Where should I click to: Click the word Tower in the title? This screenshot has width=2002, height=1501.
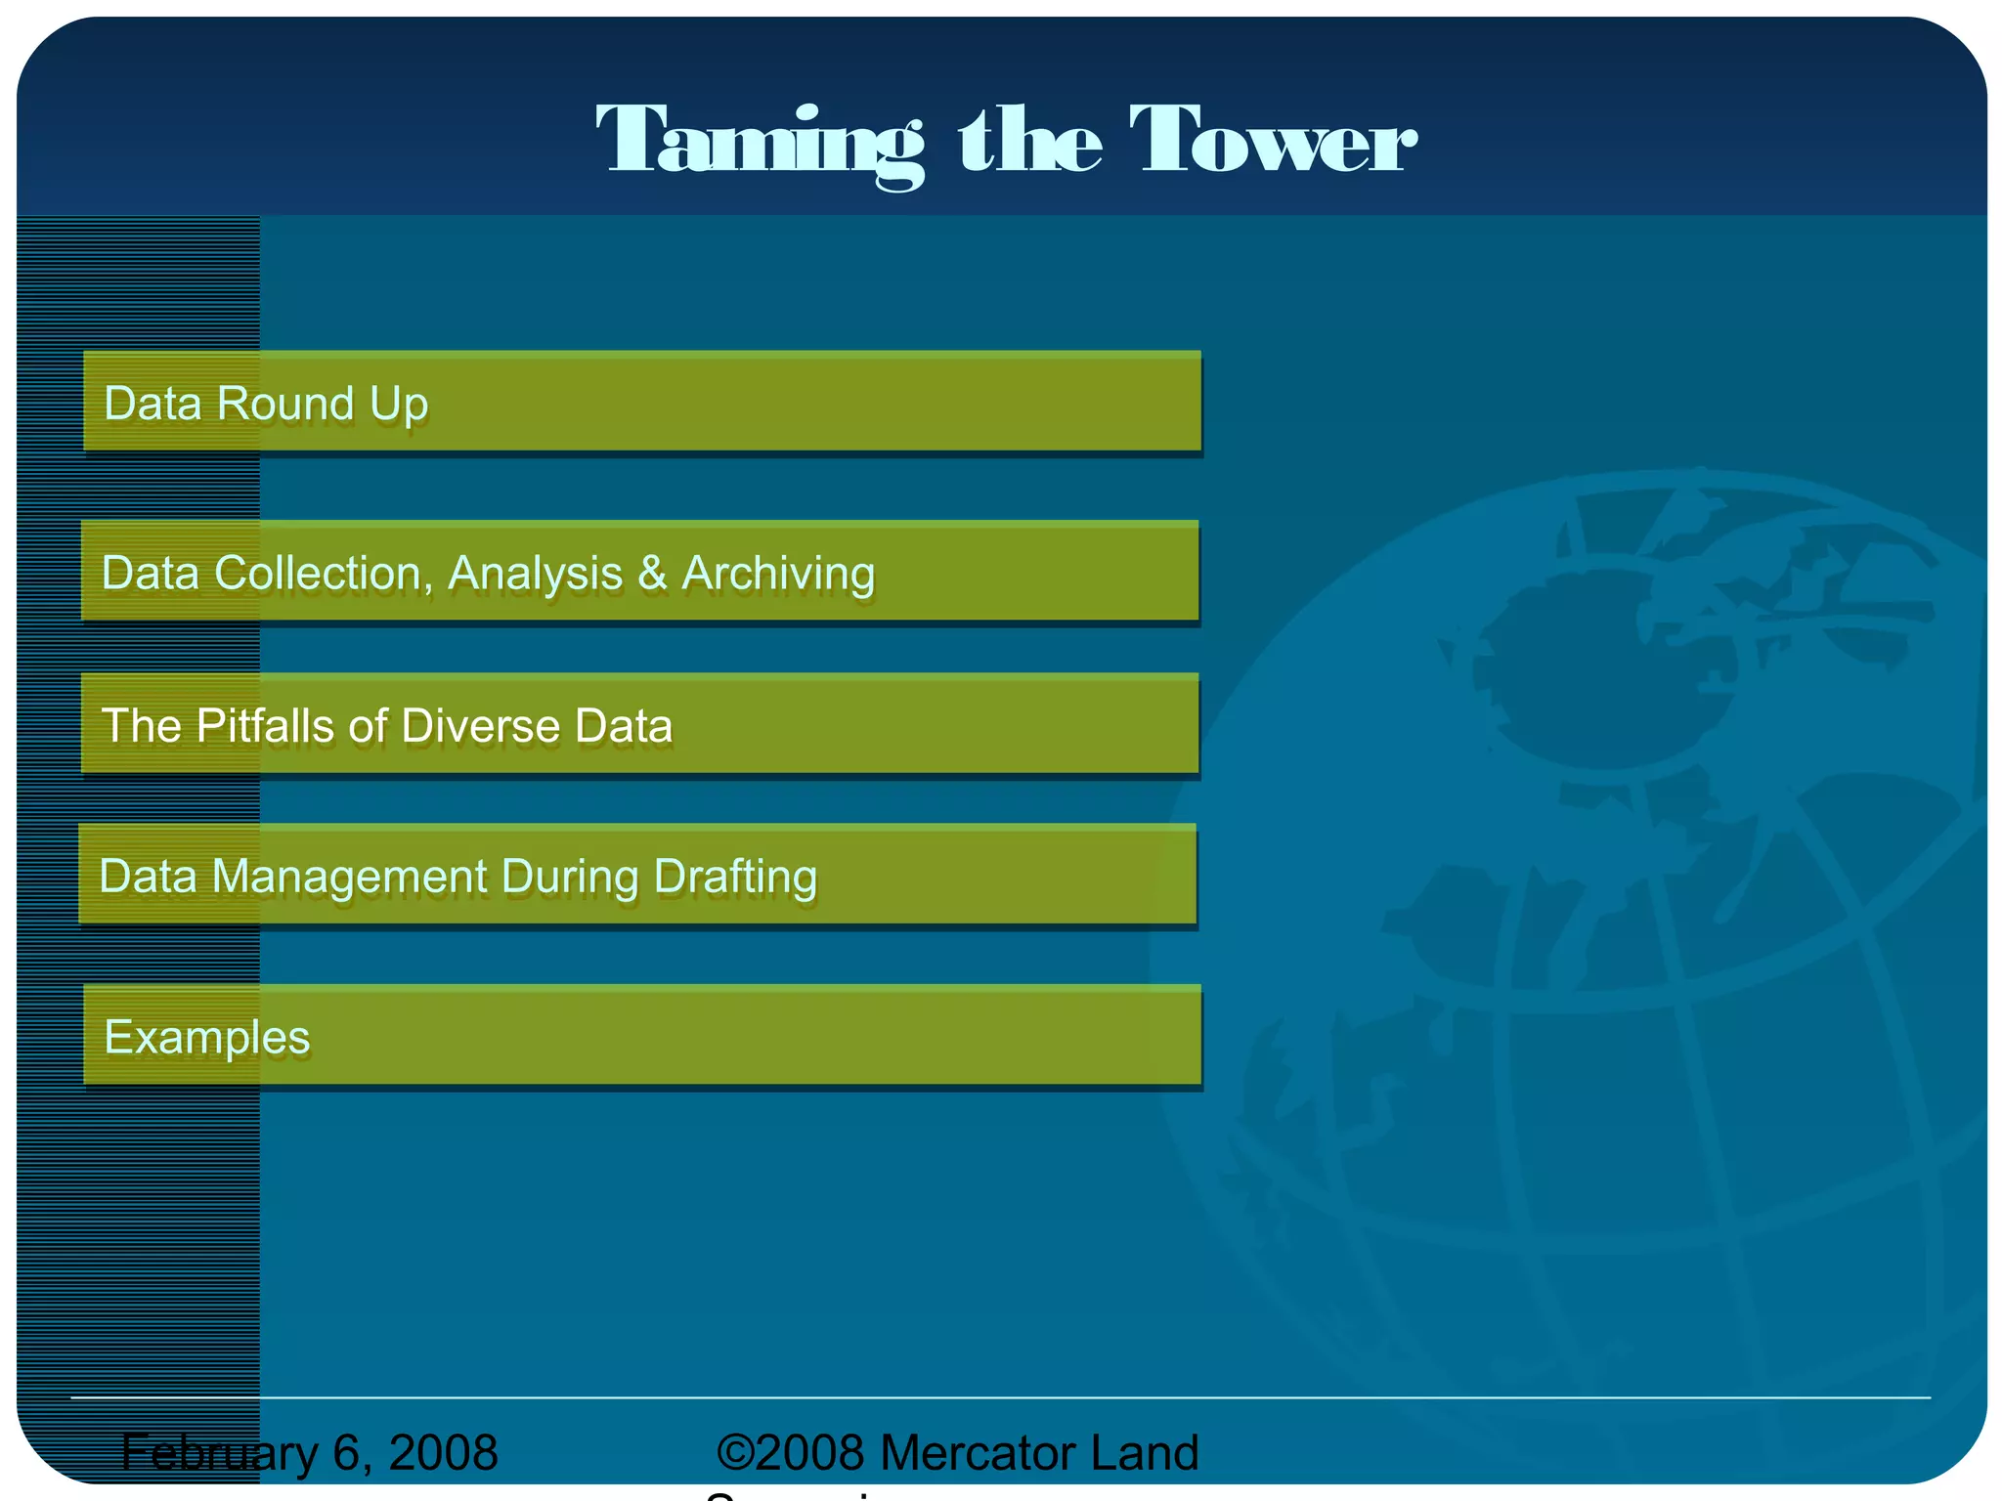1272,141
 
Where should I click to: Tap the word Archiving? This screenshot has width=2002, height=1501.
778,574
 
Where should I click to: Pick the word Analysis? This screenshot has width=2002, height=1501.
535,574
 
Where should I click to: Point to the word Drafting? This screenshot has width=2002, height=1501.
735,877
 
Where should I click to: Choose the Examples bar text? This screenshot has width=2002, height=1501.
207,1037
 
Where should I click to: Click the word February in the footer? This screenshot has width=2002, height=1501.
220,1453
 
